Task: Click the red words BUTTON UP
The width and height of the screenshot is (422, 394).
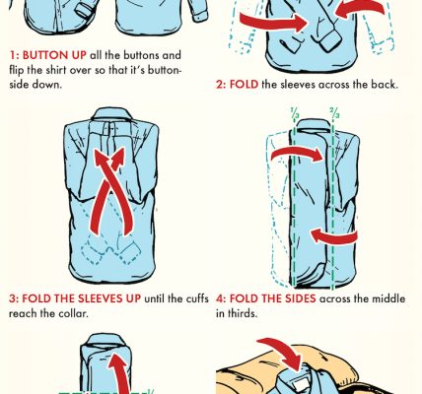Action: tap(54, 55)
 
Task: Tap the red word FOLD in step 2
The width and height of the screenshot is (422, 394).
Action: tap(244, 85)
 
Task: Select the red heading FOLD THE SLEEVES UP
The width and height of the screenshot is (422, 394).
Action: tap(81, 298)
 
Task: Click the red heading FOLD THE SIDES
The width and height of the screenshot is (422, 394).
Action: tap(272, 298)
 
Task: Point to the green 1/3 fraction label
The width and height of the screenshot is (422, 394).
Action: tap(295, 113)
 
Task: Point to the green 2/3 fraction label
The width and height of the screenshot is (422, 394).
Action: tap(335, 113)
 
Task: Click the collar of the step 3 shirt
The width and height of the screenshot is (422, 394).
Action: tap(111, 114)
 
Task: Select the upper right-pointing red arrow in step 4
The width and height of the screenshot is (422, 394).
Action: tap(297, 153)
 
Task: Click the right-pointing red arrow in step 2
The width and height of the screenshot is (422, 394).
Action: tap(274, 22)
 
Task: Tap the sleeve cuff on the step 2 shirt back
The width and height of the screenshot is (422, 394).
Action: tap(329, 39)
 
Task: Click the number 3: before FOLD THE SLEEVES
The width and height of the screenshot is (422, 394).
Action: tap(14, 298)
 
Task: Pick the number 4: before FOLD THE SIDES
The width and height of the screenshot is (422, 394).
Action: tap(221, 298)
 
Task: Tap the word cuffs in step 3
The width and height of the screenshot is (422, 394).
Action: tap(198, 298)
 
